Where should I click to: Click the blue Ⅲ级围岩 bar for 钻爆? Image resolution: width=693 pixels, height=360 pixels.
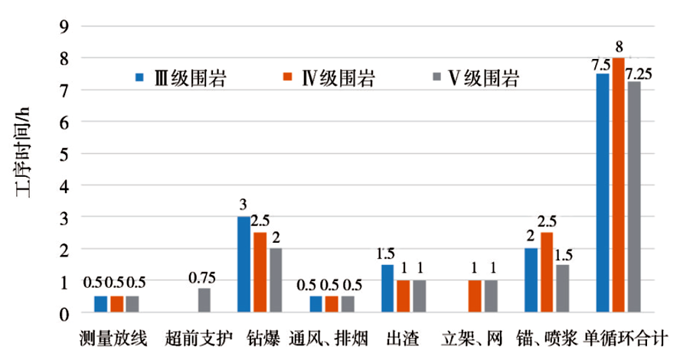tap(244, 264)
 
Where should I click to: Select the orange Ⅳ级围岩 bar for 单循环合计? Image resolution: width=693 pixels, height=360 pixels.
tap(619, 185)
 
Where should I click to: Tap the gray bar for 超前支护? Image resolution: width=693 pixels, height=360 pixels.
tap(204, 300)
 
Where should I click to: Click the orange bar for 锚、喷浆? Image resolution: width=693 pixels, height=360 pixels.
tap(547, 272)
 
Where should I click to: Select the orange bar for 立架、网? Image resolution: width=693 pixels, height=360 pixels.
tap(475, 296)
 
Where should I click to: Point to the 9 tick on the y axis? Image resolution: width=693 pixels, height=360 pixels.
tap(64, 26)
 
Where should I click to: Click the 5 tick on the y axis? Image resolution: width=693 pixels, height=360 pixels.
tap(64, 154)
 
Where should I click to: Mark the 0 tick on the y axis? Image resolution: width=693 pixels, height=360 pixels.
tap(64, 313)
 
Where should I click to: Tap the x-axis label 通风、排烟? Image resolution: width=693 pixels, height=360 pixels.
tap(331, 337)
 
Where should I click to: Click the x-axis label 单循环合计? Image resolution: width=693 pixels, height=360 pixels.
tap(626, 337)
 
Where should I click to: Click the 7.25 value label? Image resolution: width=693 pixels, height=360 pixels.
tap(639, 73)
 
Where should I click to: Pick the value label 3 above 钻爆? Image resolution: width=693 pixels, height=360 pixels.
tap(243, 206)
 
